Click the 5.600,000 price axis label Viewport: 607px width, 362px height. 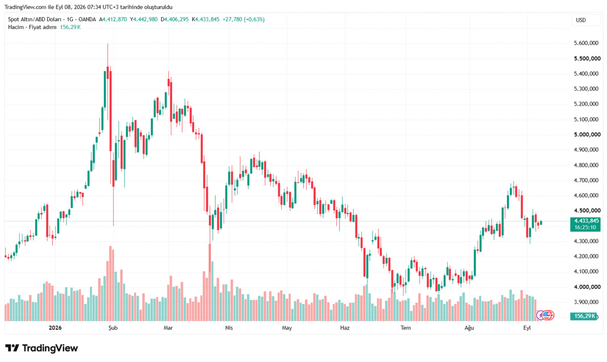coord(586,43)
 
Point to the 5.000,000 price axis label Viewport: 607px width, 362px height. coord(587,134)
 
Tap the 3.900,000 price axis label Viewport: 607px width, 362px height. coord(586,302)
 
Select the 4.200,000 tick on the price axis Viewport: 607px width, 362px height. coord(586,256)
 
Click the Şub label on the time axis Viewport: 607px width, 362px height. coord(113,328)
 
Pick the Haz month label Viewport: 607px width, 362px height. coord(344,328)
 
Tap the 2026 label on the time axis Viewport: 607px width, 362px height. coord(55,328)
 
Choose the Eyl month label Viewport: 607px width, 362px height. coord(527,328)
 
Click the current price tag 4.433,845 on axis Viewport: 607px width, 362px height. coord(586,221)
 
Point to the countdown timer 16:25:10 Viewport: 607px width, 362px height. coord(585,228)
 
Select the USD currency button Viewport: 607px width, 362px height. coord(581,20)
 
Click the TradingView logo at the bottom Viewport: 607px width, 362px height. coord(41,348)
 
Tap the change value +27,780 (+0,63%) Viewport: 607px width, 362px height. coord(244,20)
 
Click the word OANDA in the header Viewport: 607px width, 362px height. coord(87,20)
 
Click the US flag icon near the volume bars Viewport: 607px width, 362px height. coord(546,315)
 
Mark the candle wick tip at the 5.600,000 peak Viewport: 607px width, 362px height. coord(108,43)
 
